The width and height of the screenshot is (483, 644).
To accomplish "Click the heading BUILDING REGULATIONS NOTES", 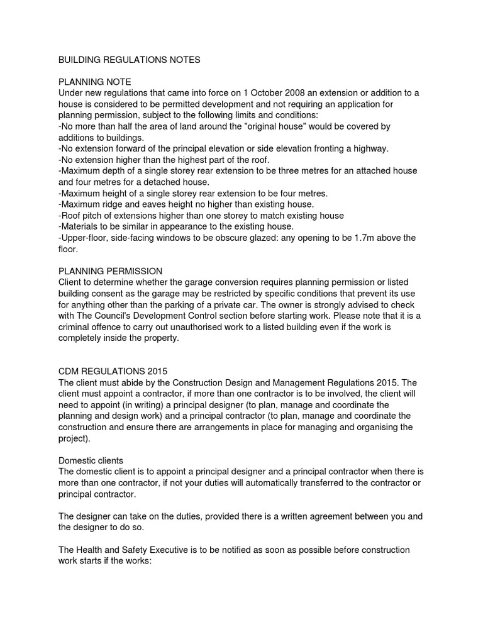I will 129,60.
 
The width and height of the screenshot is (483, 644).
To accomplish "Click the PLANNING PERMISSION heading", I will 110,271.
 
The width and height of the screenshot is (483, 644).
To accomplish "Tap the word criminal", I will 75,327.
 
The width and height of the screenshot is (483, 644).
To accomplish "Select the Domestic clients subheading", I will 91,460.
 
